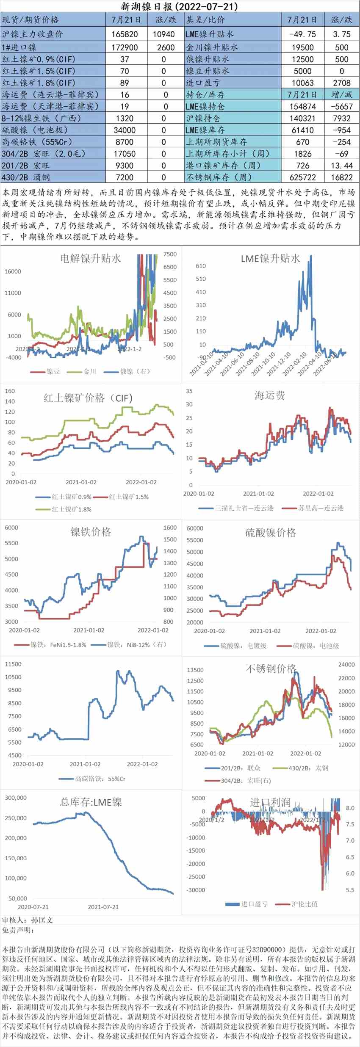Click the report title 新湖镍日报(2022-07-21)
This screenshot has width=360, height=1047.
(180, 6)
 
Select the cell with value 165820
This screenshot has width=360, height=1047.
(125, 34)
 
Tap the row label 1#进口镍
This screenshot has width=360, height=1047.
(19, 47)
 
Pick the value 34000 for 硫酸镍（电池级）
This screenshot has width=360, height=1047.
(125, 130)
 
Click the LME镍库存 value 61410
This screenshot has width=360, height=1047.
(302, 130)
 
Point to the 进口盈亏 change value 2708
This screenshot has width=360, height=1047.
(341, 83)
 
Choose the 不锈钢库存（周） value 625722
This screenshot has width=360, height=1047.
(302, 177)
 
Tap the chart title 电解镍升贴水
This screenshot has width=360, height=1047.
(90, 258)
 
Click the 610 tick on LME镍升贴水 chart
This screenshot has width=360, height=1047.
(201, 266)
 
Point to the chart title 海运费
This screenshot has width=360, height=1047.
(270, 395)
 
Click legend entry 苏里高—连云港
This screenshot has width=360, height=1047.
(320, 508)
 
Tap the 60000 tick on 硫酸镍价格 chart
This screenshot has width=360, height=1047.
(195, 528)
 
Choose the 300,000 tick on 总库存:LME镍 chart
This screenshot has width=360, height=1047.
(16, 798)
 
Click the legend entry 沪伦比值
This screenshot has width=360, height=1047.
(304, 904)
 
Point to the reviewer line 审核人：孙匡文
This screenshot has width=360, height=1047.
(28, 920)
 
